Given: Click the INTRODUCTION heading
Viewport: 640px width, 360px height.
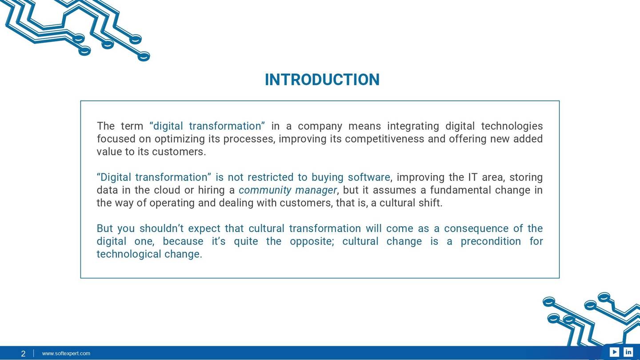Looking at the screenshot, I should pos(322,80).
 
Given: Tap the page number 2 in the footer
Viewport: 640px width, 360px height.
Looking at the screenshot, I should pos(23,354).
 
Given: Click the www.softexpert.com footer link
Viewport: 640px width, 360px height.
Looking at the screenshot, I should pos(66,353).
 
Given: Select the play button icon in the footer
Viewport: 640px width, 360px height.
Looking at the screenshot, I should pos(614,352).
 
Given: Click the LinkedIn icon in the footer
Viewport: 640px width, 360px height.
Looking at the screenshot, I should pos(628,352).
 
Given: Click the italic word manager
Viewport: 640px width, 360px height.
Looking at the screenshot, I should pos(316,190).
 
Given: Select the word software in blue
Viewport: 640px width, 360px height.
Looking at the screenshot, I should pos(369,177).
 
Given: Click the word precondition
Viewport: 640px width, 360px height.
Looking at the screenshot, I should pos(490,241).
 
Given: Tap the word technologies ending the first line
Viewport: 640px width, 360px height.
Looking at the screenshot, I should pos(512,126).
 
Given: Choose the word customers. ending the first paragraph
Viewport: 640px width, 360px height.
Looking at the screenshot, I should pos(179,152).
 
